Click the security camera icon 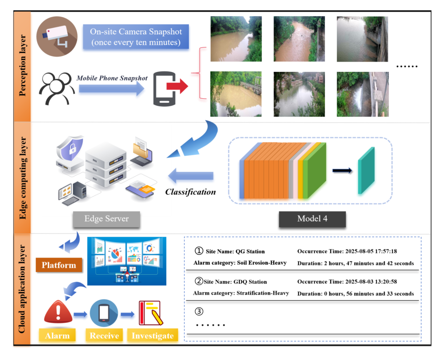click(x=57, y=36)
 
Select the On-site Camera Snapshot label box click(x=136, y=38)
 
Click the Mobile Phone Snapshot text click(x=112, y=78)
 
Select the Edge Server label click(x=106, y=219)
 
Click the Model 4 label click(x=312, y=219)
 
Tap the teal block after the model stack click(x=366, y=172)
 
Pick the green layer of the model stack click(x=316, y=171)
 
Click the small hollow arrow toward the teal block click(x=342, y=170)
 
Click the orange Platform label click(x=59, y=265)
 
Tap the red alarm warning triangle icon click(x=58, y=312)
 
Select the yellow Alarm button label click(x=57, y=336)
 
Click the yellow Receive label click(x=104, y=336)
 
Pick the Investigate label click(x=152, y=336)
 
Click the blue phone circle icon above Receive click(x=104, y=313)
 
